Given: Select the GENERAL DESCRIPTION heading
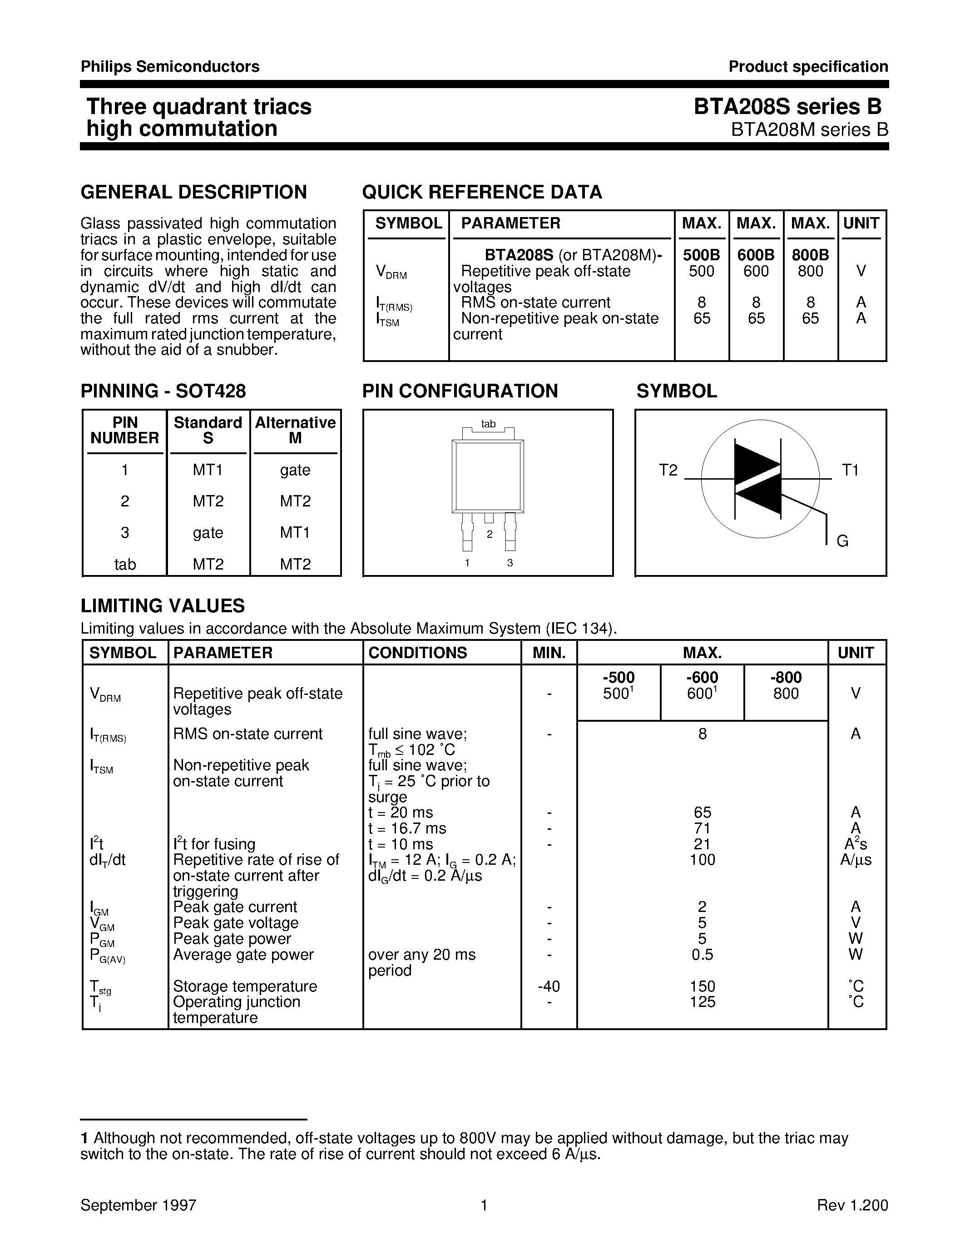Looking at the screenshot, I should [194, 192].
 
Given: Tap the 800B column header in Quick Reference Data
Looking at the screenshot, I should [810, 255].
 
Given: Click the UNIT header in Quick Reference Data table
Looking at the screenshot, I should [861, 223].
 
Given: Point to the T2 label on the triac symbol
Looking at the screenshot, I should [668, 470].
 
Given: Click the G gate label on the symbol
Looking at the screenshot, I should [842, 541].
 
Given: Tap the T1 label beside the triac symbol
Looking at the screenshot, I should [850, 470].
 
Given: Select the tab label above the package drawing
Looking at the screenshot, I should [488, 424].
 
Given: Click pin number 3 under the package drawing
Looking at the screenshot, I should [510, 563].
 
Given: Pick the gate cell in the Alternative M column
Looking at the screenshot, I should [295, 470].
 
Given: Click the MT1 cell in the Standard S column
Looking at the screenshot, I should [208, 470].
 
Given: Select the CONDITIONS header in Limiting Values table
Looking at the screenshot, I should [417, 653].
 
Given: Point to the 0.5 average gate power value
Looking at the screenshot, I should [702, 955].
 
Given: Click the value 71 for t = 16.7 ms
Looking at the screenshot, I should [702, 828].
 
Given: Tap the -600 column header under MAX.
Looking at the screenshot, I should [702, 678].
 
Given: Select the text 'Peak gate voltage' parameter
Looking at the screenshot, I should [236, 923].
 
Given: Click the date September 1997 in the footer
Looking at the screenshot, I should [139, 1205].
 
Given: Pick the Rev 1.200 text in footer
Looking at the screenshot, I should [852, 1205].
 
